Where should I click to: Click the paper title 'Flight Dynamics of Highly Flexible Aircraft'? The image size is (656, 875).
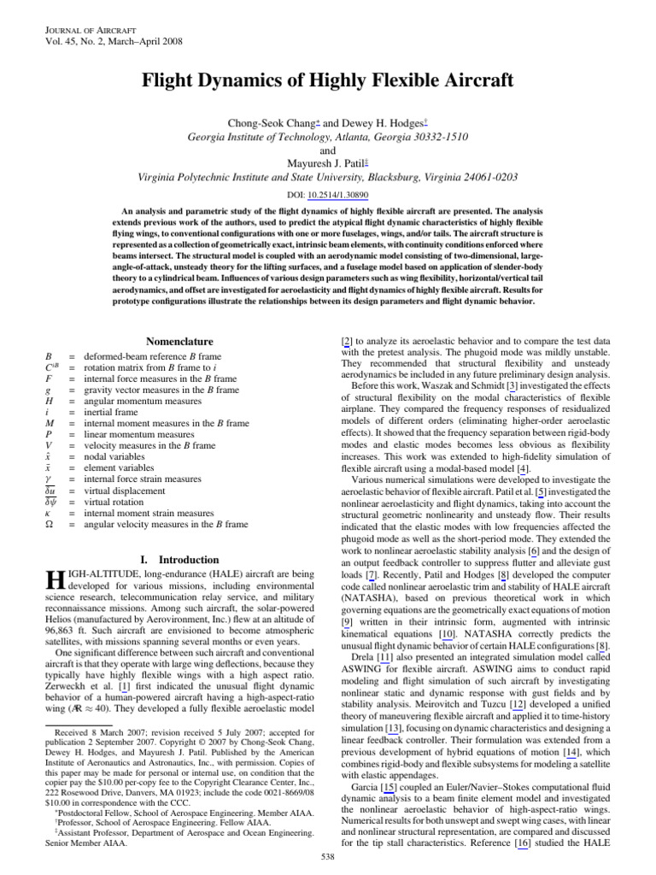point(328,81)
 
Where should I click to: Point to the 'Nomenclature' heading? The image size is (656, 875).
point(180,342)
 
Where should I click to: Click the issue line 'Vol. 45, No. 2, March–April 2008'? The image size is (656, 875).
point(112,40)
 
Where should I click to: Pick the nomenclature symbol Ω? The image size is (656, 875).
point(49,524)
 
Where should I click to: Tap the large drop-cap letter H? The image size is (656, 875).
point(52,583)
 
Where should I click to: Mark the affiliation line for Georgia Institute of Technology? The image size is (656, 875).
point(327,137)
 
